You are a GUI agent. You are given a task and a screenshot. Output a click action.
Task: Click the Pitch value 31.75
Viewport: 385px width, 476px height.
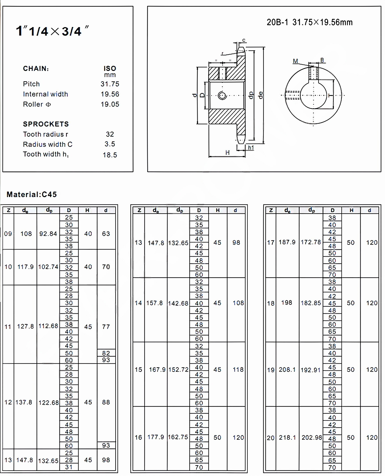click(110, 84)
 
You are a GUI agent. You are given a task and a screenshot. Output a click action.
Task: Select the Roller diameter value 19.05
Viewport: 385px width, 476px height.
click(110, 104)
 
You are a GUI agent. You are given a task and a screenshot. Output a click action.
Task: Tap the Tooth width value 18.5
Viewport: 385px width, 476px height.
click(110, 155)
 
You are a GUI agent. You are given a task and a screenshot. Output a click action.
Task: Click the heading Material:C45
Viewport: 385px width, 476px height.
click(32, 194)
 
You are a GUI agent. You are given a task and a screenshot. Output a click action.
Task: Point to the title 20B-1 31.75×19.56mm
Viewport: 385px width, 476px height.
click(310, 22)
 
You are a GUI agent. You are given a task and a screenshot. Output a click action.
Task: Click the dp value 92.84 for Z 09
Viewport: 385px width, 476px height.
click(48, 234)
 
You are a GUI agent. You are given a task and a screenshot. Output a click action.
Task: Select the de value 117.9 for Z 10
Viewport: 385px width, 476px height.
click(25, 267)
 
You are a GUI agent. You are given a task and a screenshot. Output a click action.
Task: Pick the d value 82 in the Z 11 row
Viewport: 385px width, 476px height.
click(106, 353)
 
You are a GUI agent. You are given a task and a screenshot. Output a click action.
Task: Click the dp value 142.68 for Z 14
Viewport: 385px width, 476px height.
click(178, 303)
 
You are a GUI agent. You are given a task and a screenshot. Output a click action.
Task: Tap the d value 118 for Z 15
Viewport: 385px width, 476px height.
click(238, 370)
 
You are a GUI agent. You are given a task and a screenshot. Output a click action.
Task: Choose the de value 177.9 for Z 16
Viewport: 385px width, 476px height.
click(156, 437)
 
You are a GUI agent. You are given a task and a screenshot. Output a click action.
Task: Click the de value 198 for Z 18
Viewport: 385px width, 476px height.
click(287, 303)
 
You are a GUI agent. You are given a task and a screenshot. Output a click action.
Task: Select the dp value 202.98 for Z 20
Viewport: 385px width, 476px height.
click(312, 438)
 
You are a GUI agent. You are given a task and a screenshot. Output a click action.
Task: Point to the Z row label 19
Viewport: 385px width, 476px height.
click(271, 370)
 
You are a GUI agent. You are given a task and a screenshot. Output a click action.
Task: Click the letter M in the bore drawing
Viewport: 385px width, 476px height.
click(296, 61)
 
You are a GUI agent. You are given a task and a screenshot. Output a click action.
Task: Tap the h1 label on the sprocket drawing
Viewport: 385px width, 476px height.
click(251, 148)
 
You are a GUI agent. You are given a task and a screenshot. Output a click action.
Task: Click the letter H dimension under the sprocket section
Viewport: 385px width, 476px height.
click(227, 152)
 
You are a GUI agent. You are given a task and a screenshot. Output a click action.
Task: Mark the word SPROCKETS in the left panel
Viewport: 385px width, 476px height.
click(46, 124)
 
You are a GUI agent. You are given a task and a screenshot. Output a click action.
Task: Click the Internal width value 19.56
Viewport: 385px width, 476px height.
click(110, 94)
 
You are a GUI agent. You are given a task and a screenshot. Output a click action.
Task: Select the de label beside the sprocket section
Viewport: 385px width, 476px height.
click(261, 95)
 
